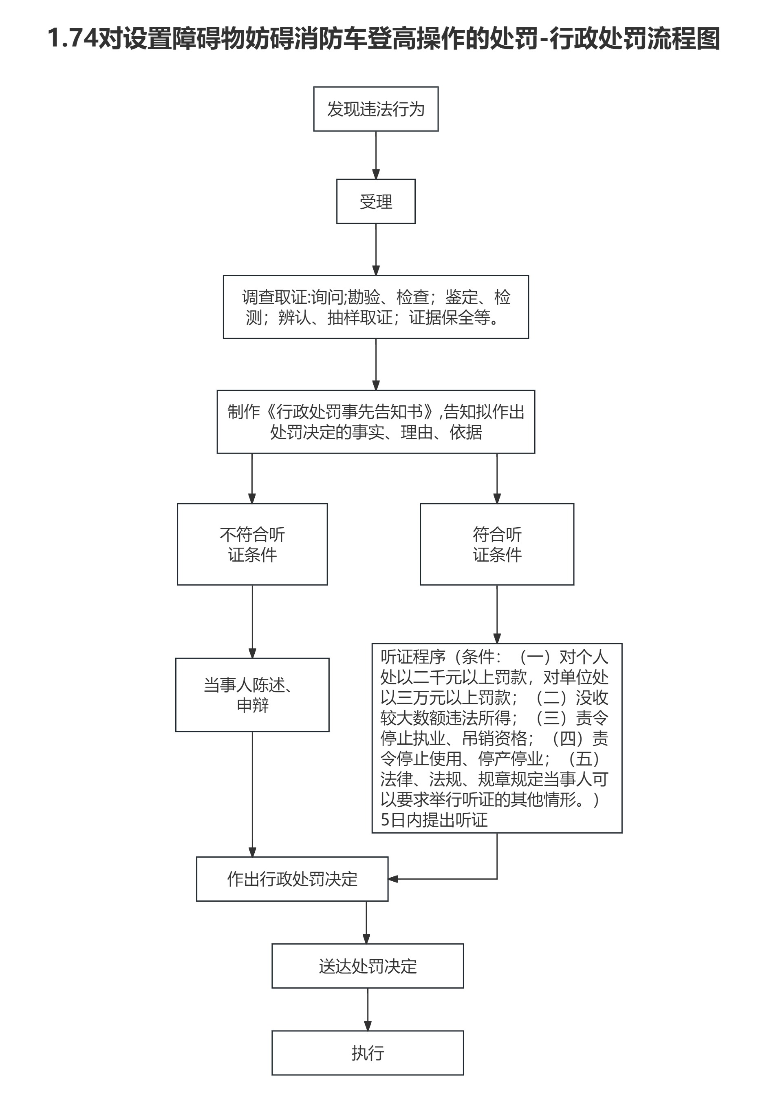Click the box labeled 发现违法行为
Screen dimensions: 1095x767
[376, 109]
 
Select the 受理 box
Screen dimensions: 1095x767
[376, 201]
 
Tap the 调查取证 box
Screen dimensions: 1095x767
[376, 307]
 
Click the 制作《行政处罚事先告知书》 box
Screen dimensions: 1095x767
[376, 422]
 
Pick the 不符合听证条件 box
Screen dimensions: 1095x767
[252, 544]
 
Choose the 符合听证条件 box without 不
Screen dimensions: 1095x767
[497, 544]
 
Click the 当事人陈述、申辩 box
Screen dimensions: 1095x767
[252, 695]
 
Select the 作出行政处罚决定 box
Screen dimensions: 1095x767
[292, 879]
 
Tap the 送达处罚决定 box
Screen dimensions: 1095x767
[368, 966]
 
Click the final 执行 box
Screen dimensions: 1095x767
[368, 1053]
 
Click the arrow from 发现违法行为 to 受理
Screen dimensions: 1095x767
[376, 155]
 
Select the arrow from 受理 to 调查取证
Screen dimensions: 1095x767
[376, 249]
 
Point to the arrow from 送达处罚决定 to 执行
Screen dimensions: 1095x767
[368, 1009]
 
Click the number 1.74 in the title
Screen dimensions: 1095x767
[73, 38]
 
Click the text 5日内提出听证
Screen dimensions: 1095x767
[434, 820]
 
